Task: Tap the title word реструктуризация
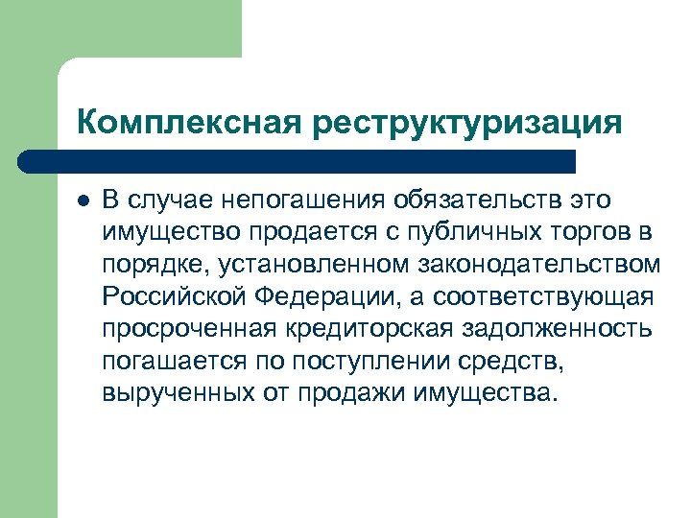[465, 122]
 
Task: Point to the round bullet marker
[83, 200]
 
